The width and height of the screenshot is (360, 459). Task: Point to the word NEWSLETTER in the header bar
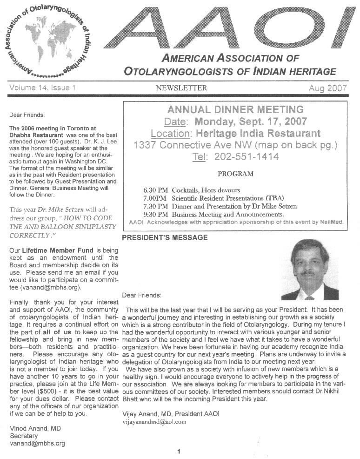(x=181, y=88)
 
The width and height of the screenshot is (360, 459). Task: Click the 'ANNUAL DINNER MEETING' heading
(x=235, y=110)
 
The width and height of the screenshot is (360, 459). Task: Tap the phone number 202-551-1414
(x=247, y=157)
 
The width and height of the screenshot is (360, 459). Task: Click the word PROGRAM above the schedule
(x=236, y=174)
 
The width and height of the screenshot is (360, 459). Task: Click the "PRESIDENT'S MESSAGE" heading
(x=165, y=238)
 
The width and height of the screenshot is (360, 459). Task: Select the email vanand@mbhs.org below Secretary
(x=37, y=443)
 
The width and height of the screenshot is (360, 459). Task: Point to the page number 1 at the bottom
(x=179, y=451)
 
